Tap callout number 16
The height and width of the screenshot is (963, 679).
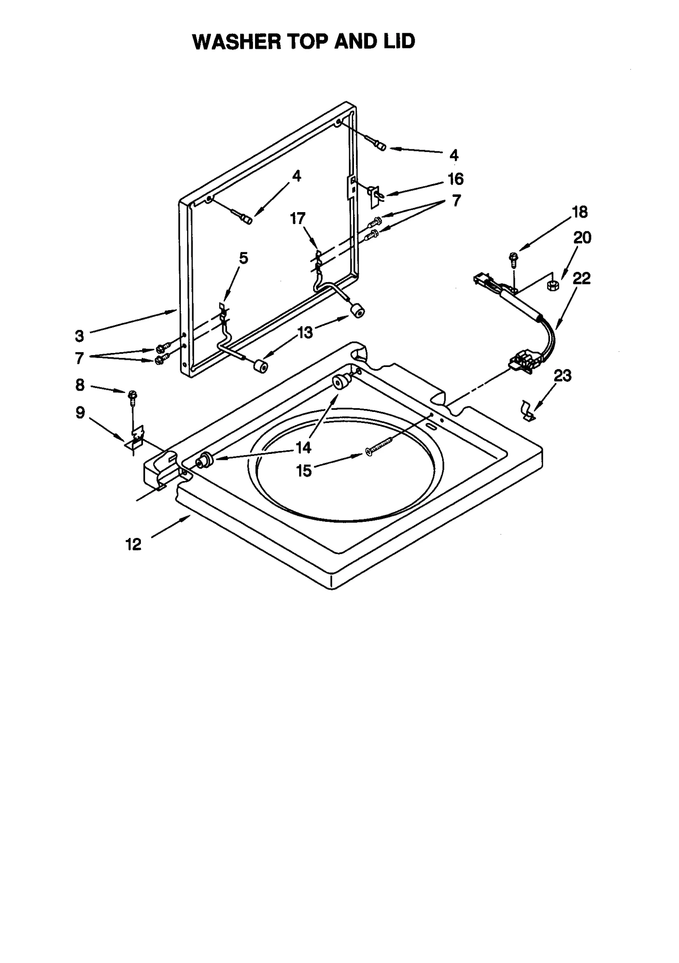456,179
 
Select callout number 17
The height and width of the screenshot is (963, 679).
297,218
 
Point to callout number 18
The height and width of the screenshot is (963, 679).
580,212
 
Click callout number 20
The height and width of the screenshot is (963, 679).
582,238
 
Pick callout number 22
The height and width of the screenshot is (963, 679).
581,278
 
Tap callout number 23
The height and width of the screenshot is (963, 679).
563,375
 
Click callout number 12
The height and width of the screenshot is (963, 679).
133,544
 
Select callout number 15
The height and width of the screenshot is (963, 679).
304,470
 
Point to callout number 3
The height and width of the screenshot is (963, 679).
79,336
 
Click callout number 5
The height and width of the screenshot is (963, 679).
243,258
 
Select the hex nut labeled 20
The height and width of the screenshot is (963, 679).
553,286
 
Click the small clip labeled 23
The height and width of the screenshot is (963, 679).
527,411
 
